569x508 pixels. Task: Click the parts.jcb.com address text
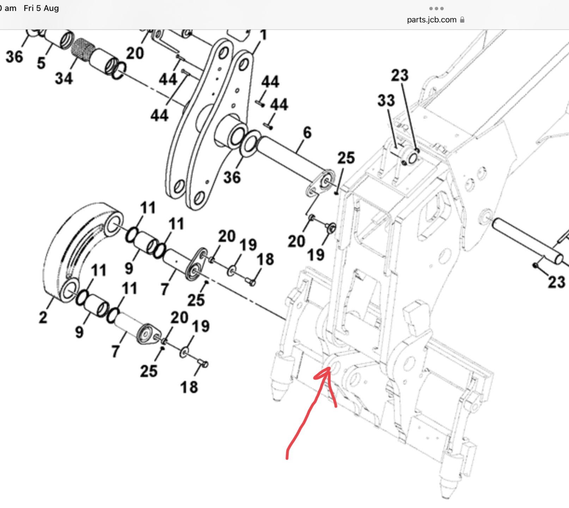coord(431,20)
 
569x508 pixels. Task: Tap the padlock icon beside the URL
coord(462,20)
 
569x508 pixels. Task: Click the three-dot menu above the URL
coord(436,8)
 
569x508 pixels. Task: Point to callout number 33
coord(386,101)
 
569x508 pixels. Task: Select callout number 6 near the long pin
coord(307,133)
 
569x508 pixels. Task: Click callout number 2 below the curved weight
coord(43,317)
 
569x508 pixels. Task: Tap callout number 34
coord(64,78)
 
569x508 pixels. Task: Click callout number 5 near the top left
coord(41,64)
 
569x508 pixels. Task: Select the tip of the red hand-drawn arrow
coord(330,368)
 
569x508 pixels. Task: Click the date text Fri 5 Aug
coord(41,8)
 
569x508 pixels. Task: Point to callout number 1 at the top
coord(263,35)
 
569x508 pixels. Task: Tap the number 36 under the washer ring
coord(232,177)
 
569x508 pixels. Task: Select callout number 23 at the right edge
coord(556,282)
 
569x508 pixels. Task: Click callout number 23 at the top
coord(400,75)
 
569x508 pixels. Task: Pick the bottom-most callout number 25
coord(148,371)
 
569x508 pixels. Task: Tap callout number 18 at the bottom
coord(189,387)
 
